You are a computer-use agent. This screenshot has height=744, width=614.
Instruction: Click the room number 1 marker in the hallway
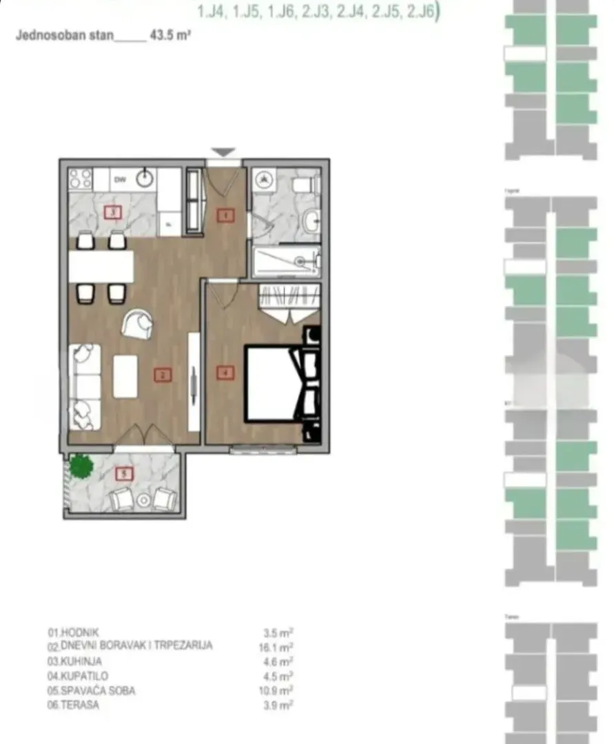[225, 216]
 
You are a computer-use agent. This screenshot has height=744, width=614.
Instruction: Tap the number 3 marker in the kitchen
[113, 212]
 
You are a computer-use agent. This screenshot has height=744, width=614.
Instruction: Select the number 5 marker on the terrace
[124, 474]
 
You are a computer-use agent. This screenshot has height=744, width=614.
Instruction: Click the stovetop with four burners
[81, 179]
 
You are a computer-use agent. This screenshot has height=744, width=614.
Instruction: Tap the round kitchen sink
[144, 178]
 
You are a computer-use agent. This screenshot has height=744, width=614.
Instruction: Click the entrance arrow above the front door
[224, 152]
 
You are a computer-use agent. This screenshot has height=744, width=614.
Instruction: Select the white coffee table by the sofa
[125, 375]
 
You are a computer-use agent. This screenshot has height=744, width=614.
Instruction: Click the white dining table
[101, 266]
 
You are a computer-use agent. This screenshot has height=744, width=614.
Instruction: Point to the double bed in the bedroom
[274, 383]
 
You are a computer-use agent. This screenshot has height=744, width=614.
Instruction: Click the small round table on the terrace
[144, 500]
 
